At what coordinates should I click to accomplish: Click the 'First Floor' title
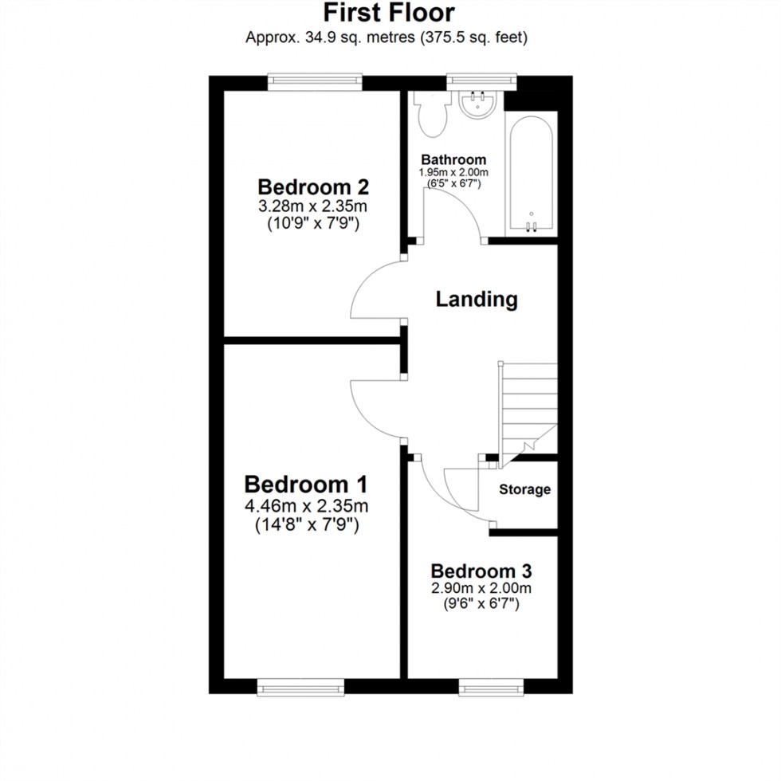389,14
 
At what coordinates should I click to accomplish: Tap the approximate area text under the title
389,37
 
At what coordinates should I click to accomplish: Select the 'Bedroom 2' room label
313,187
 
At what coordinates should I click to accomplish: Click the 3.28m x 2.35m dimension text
313,207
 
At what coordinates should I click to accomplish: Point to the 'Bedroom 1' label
306,485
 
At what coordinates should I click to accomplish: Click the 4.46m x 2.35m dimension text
306,506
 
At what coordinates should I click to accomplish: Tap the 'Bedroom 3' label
481,571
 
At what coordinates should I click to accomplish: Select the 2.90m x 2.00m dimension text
481,589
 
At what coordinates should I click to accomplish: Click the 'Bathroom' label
453,159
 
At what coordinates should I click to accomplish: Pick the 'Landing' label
477,300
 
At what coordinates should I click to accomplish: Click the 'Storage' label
524,489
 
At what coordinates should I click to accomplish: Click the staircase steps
528,406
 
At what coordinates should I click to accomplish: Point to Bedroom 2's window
312,80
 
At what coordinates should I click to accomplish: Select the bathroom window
482,80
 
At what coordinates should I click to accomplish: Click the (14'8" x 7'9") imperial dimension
306,525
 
